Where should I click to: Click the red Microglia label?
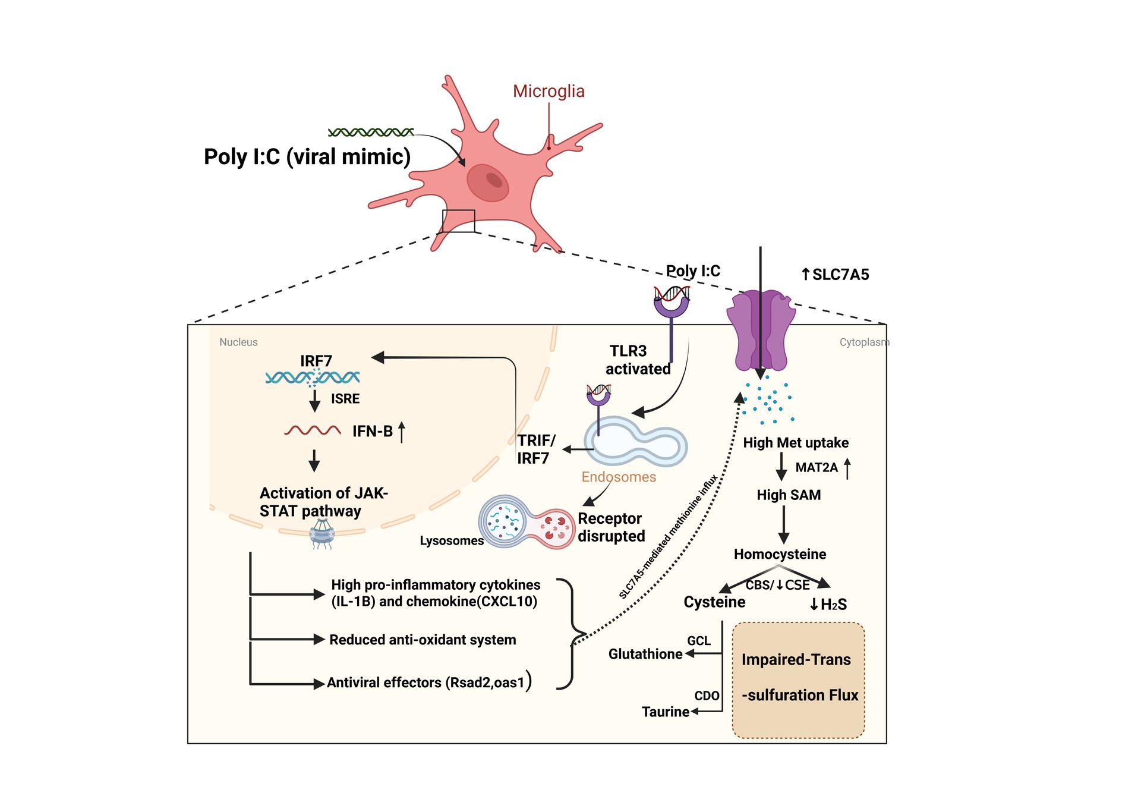click(548, 91)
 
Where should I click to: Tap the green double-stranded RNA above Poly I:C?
click(371, 132)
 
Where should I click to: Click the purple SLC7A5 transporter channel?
click(761, 330)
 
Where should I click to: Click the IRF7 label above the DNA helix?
click(316, 361)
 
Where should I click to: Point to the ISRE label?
click(345, 399)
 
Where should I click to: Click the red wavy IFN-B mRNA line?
click(313, 430)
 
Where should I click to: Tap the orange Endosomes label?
click(618, 477)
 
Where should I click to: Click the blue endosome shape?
click(636, 443)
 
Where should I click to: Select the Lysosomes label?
click(451, 541)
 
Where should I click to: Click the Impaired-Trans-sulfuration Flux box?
click(798, 680)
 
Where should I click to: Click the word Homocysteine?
click(780, 554)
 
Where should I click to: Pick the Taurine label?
click(665, 712)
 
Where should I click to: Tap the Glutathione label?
click(645, 654)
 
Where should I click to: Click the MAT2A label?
click(816, 468)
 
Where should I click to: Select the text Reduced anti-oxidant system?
click(423, 640)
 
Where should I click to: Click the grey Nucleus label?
click(238, 342)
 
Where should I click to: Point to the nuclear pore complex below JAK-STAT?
click(322, 533)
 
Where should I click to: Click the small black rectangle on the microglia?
click(458, 221)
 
